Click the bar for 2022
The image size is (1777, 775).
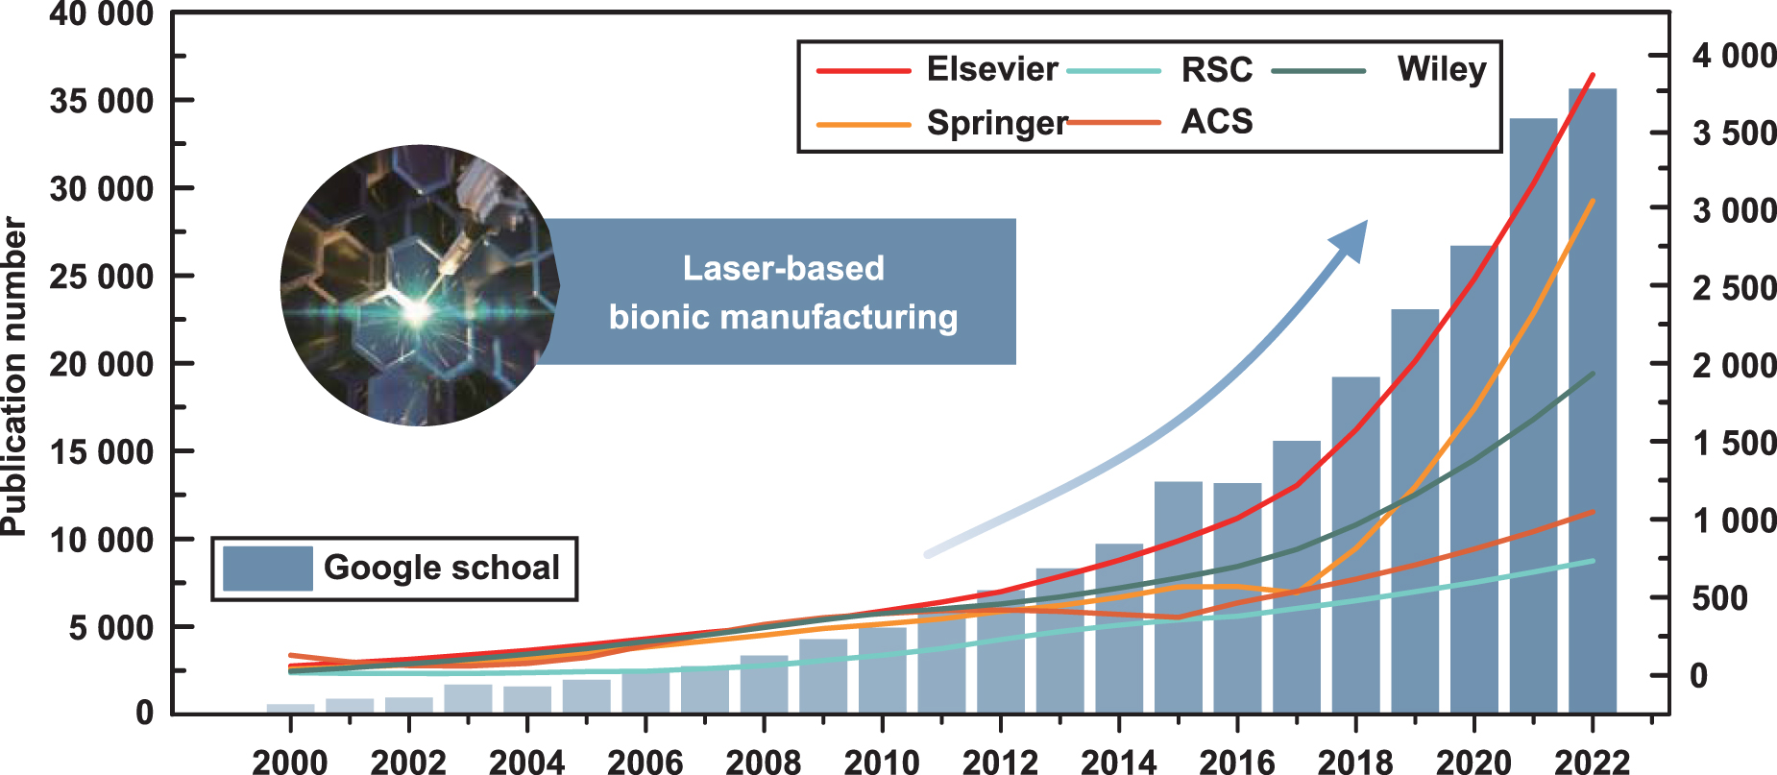tap(1593, 403)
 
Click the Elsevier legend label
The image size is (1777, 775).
tap(991, 69)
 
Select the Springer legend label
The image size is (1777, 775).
tap(996, 123)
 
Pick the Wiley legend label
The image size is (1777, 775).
tap(1441, 69)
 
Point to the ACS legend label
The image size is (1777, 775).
tap(1216, 122)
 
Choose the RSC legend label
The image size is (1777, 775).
tap(1216, 69)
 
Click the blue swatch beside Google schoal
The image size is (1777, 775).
tap(267, 569)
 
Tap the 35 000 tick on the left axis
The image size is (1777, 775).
tap(101, 101)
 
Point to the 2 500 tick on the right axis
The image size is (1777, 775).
tap(1734, 287)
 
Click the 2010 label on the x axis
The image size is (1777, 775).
tap(881, 762)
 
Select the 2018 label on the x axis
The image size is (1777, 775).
tap(1354, 762)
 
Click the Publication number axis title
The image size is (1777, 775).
tap(13, 375)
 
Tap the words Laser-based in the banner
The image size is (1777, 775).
tap(783, 268)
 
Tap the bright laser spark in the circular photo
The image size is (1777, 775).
tap(416, 310)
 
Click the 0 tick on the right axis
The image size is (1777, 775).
tap(1698, 675)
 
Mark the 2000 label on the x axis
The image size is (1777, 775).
tap(289, 762)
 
